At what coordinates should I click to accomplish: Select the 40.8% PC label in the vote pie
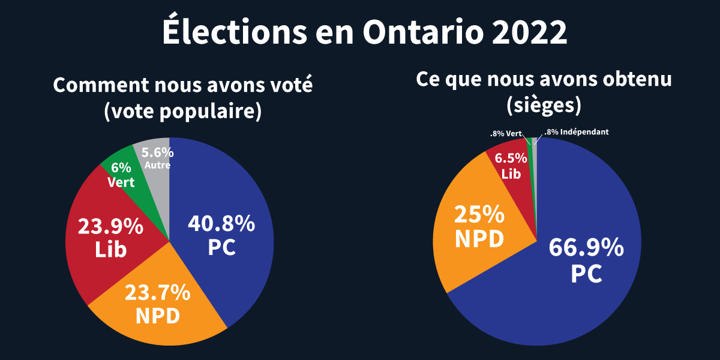(221, 235)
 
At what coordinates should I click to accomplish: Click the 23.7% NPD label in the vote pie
(158, 304)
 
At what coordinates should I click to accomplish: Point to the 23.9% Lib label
(111, 238)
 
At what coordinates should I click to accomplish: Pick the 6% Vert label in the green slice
(121, 175)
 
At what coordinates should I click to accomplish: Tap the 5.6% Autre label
(158, 158)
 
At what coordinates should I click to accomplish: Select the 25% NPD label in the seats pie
(479, 226)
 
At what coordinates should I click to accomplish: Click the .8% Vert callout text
(506, 133)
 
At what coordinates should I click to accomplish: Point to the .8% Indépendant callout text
(576, 131)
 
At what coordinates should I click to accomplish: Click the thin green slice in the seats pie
(529, 142)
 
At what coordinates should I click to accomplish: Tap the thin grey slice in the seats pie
(535, 142)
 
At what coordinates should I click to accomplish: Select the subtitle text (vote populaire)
(183, 112)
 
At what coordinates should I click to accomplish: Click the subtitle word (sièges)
(544, 105)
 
